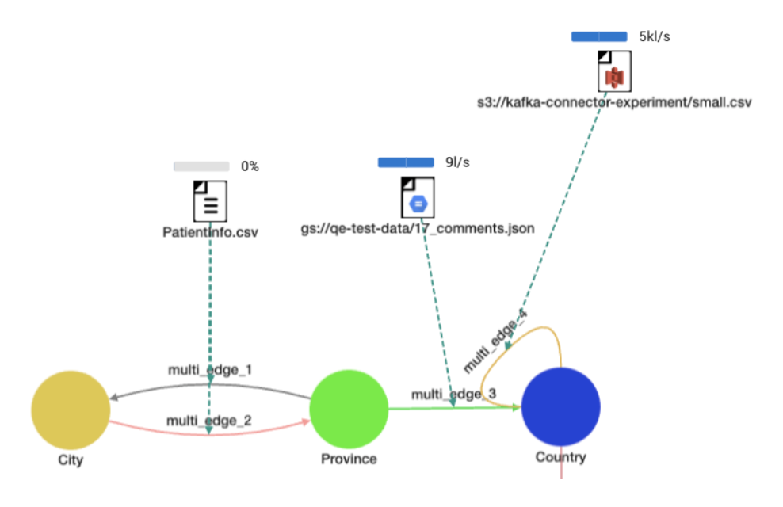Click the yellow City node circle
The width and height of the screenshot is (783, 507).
pyautogui.click(x=70, y=409)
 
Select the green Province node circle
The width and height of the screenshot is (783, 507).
pyautogui.click(x=348, y=409)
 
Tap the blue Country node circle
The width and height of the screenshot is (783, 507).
pyautogui.click(x=560, y=406)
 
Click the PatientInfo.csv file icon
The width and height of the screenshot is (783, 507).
pyautogui.click(x=210, y=201)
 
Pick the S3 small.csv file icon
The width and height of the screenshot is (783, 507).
pyautogui.click(x=613, y=71)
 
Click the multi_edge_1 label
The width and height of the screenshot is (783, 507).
pyautogui.click(x=210, y=369)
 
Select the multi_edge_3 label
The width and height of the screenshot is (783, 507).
pyautogui.click(x=453, y=394)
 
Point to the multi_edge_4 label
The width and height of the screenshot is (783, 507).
pyautogui.click(x=495, y=341)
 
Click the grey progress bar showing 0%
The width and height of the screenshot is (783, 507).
pyautogui.click(x=201, y=166)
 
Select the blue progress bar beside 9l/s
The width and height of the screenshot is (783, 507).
pyautogui.click(x=406, y=162)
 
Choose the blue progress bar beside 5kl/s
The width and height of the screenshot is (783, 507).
pyautogui.click(x=599, y=36)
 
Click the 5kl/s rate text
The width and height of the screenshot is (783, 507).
pyautogui.click(x=655, y=36)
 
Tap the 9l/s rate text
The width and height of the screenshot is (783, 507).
pyautogui.click(x=458, y=162)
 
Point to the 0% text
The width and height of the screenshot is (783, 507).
pyautogui.click(x=250, y=166)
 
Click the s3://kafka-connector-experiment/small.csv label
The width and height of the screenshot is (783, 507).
pyautogui.click(x=613, y=102)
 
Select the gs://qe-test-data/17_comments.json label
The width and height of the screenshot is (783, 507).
pyautogui.click(x=418, y=228)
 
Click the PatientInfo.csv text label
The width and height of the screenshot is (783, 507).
pyautogui.click(x=210, y=233)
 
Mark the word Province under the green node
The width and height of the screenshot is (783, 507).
pyautogui.click(x=349, y=459)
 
